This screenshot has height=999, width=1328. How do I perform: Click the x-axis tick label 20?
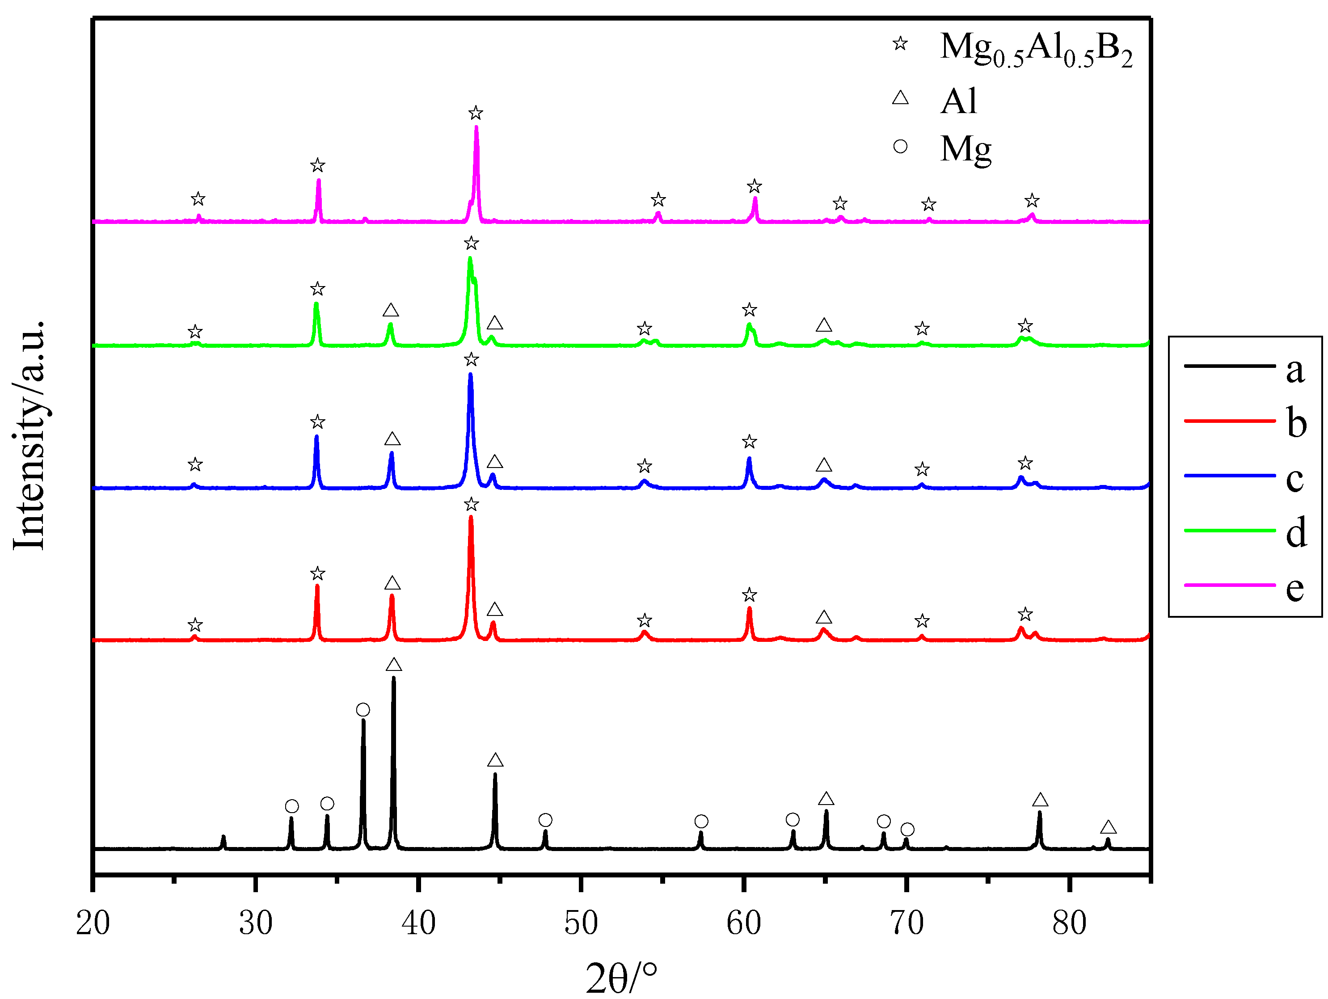(93, 923)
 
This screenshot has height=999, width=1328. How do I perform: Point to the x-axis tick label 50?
(581, 923)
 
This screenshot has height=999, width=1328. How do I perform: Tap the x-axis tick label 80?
(1069, 923)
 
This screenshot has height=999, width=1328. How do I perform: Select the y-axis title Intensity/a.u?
(29, 435)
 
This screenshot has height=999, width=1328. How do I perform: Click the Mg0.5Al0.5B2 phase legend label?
(1036, 49)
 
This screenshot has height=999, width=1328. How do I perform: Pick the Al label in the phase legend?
(959, 101)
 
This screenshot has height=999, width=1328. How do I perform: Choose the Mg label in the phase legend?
(965, 149)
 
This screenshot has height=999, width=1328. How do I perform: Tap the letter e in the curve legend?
(1295, 587)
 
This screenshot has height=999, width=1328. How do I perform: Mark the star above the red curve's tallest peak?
(471, 504)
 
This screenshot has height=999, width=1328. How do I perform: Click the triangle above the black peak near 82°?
(1108, 828)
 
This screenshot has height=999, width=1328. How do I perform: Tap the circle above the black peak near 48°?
(545, 820)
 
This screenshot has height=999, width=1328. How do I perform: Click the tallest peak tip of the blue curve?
(470, 375)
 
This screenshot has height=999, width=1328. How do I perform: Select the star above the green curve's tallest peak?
(471, 243)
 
